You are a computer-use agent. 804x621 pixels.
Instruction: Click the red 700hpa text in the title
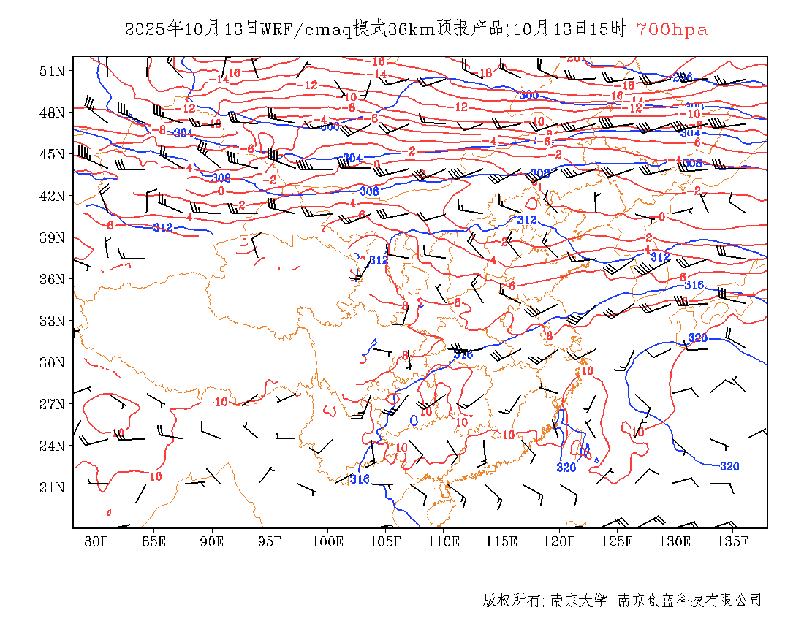[672, 30]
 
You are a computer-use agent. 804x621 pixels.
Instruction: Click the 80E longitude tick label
[96, 541]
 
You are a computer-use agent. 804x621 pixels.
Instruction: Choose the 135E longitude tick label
[733, 541]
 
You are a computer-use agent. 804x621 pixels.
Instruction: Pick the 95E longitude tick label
[270, 541]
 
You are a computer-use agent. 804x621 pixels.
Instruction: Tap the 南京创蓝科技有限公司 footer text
[690, 601]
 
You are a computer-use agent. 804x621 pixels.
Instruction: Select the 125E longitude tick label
[618, 541]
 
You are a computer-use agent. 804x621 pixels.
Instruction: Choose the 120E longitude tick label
[560, 541]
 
